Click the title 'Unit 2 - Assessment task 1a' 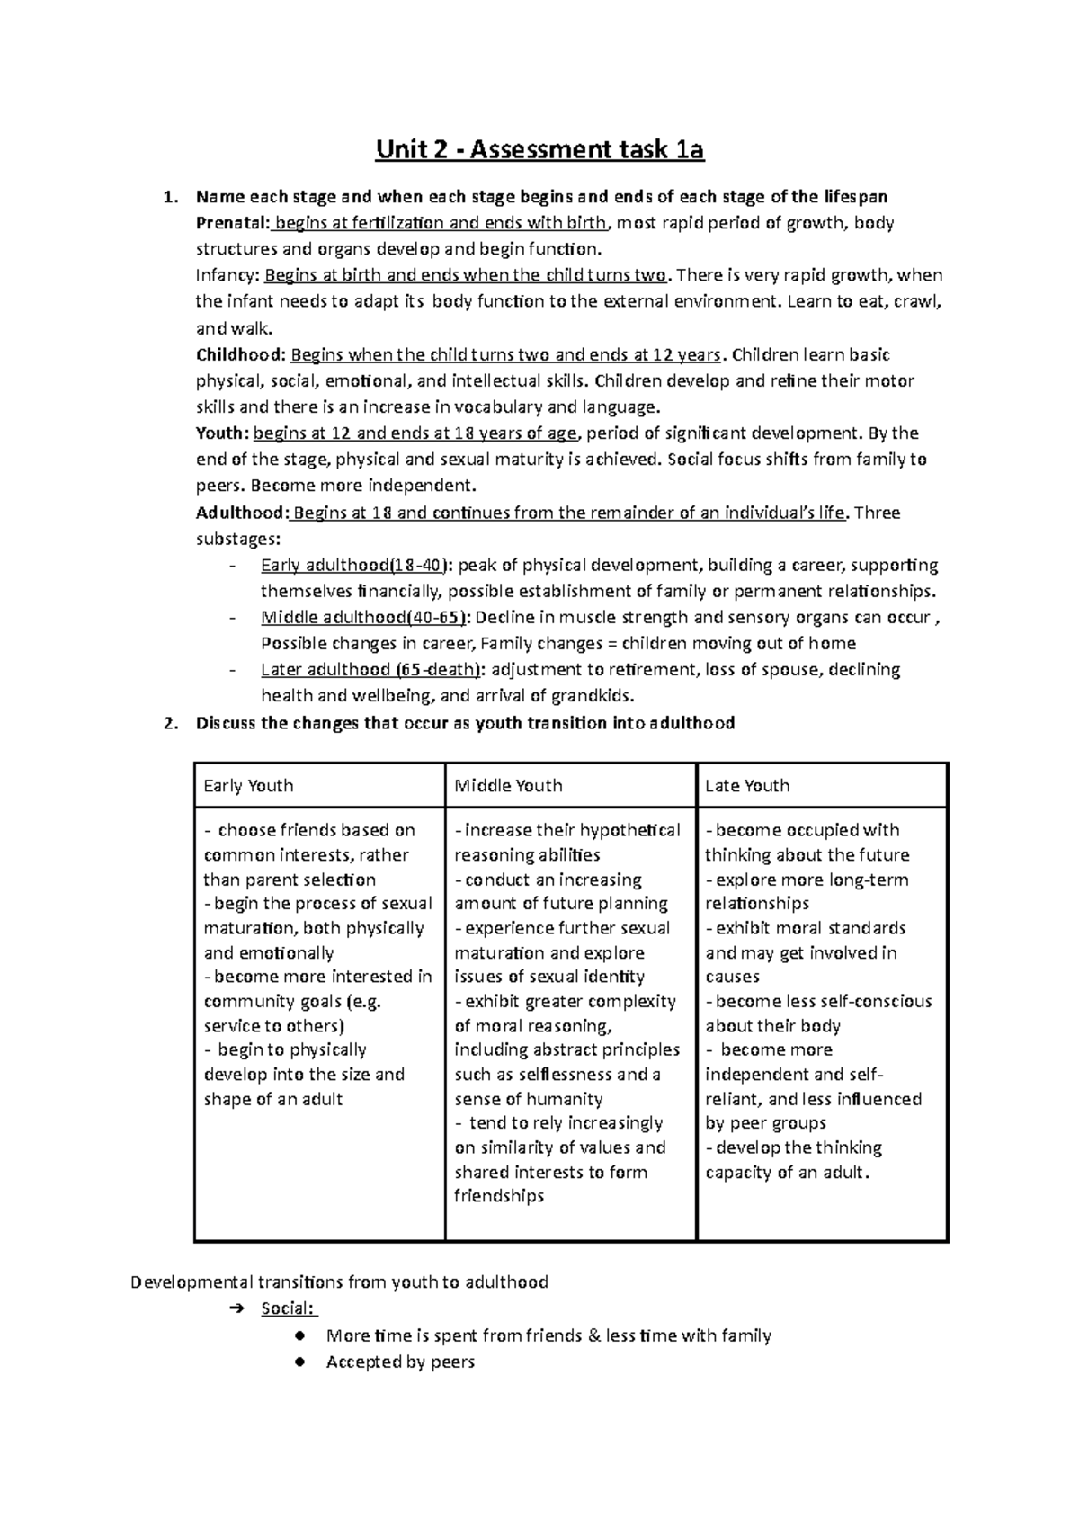click(x=539, y=151)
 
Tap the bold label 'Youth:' click(x=222, y=433)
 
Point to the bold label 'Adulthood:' click(x=241, y=513)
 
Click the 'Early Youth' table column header click(x=248, y=786)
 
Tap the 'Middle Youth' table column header click(x=508, y=786)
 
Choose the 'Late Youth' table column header click(x=747, y=786)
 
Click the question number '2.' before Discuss click(x=172, y=723)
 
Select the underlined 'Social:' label click(x=288, y=1309)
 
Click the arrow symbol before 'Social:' click(x=236, y=1309)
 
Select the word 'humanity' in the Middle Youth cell click(x=564, y=1099)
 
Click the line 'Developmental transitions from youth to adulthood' click(x=339, y=1282)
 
